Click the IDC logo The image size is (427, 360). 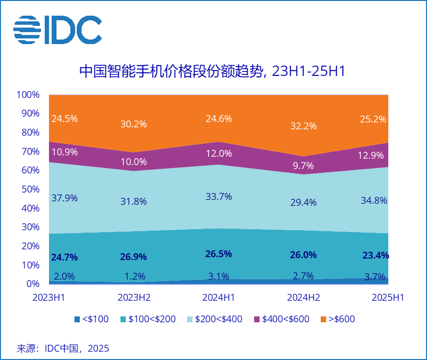[57, 30]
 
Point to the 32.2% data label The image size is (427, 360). [303, 126]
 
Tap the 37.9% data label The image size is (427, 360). [64, 198]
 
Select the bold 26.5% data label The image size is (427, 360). [218, 254]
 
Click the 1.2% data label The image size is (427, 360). [134, 276]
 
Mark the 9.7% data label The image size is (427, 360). [303, 166]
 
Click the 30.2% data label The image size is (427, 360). [134, 124]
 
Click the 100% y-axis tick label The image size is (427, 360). [27, 95]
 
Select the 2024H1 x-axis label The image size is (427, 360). [218, 297]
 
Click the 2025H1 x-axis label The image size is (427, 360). [387, 297]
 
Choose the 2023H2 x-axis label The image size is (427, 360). [134, 297]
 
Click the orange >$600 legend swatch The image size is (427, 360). [323, 319]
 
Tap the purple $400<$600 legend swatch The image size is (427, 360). [257, 319]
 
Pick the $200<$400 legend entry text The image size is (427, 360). [218, 319]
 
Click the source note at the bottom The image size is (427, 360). [63, 348]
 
